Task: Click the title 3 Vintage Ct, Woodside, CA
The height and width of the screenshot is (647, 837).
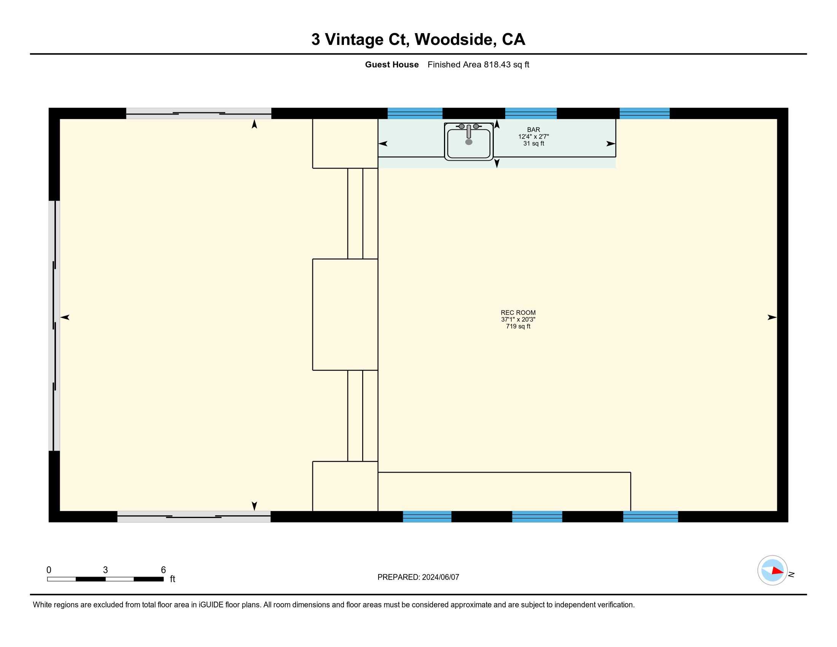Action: [418, 40]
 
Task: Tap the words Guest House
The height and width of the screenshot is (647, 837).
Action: [391, 65]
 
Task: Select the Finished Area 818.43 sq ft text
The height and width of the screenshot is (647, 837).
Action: [478, 65]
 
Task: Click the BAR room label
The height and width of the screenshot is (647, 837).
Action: [533, 130]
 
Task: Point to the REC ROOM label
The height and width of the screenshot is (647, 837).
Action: [518, 313]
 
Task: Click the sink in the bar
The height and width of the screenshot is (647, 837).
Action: [469, 142]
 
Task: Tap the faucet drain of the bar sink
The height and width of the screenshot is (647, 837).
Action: [469, 142]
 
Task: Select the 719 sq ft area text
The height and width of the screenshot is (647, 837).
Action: [518, 327]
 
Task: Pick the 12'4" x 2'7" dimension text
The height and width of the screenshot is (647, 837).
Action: [533, 137]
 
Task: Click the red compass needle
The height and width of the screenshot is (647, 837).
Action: [778, 571]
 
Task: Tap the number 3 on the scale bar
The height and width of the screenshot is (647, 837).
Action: [105, 570]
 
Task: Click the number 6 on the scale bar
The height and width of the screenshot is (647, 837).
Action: [163, 570]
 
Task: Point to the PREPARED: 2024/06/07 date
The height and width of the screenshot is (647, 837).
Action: [418, 577]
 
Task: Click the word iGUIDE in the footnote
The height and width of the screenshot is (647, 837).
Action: [211, 605]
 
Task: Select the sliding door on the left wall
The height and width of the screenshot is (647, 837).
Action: [54, 326]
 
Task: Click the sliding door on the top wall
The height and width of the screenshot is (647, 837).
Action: [199, 113]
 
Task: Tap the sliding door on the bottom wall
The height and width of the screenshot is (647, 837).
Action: [194, 517]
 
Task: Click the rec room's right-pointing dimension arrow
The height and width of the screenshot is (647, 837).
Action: [772, 317]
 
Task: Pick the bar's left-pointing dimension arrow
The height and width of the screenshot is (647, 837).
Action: [383, 144]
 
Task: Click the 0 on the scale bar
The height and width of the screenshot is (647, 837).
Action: [49, 570]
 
